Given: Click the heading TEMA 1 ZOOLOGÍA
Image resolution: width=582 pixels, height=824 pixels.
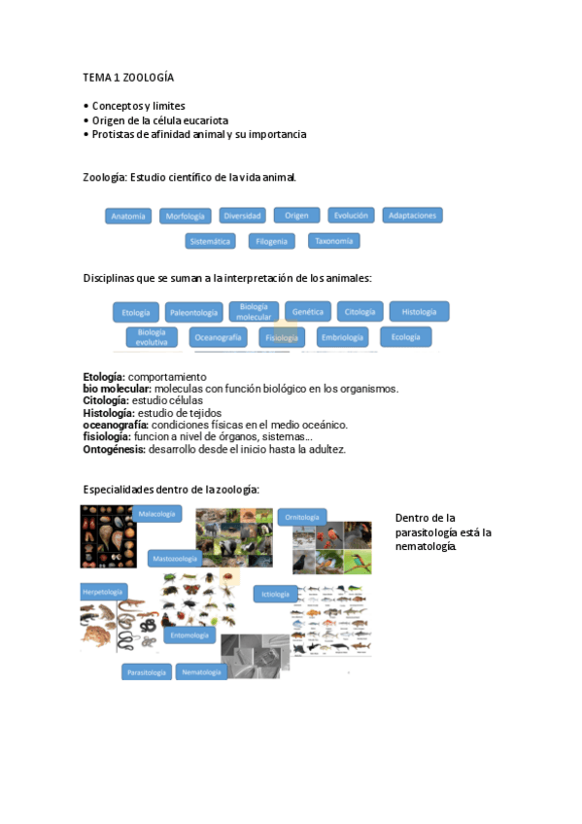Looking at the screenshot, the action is tap(128, 77).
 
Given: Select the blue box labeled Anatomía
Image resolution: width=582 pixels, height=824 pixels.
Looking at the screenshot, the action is tap(128, 216).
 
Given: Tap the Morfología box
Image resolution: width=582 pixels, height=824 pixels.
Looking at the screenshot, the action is tap(186, 216).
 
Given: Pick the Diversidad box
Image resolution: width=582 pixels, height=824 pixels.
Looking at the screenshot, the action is tap(242, 216).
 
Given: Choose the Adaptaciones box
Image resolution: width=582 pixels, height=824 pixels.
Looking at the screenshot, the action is tap(412, 215).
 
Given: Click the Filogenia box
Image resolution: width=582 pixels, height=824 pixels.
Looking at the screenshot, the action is tap(272, 241).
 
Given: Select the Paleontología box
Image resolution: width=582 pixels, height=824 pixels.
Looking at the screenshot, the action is tap(193, 312).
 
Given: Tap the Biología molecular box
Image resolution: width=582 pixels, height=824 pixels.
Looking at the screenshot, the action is tap(255, 312).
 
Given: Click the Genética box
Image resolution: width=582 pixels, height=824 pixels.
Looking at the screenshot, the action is tap(308, 312).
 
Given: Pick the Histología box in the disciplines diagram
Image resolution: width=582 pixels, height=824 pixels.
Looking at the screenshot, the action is tap(419, 312).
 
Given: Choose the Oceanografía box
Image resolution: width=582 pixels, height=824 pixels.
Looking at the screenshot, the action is tap(218, 337).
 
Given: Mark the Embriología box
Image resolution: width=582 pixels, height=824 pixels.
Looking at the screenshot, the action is tap(342, 337).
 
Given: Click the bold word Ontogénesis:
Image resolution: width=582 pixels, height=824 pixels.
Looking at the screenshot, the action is tap(115, 449).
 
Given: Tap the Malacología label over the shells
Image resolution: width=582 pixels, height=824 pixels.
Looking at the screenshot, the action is tap(157, 513).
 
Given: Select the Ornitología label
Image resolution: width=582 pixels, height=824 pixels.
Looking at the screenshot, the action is tap(302, 517).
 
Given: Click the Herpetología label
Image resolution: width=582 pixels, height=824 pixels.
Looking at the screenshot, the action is tap(103, 591).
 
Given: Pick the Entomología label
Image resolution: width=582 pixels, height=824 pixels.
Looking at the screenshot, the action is tap(188, 635).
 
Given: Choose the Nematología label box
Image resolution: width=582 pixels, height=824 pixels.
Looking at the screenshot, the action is tap(202, 671).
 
